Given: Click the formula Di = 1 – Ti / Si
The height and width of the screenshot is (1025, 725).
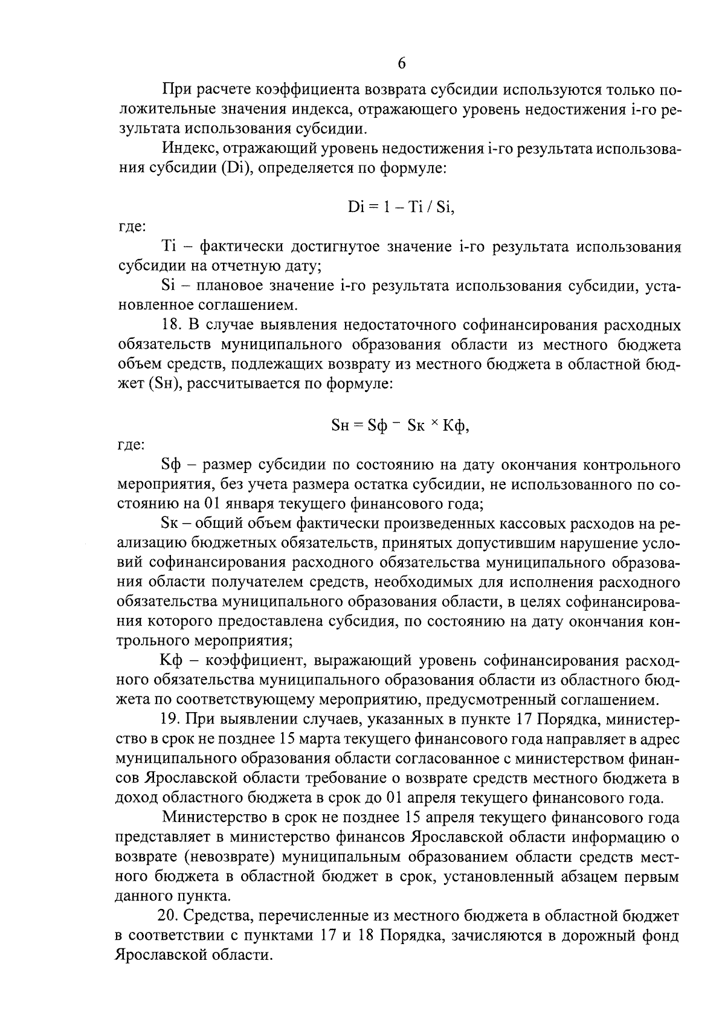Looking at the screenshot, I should tap(401, 207).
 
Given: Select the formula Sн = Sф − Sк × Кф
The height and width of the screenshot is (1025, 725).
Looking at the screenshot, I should tap(401, 426).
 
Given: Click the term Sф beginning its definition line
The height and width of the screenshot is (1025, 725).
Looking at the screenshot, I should tap(172, 465).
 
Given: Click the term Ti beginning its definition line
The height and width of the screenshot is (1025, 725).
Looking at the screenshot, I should tap(169, 246).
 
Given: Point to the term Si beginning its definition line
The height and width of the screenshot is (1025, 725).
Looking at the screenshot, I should tap(168, 285).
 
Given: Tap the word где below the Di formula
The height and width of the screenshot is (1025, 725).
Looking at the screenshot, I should tap(130, 227).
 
